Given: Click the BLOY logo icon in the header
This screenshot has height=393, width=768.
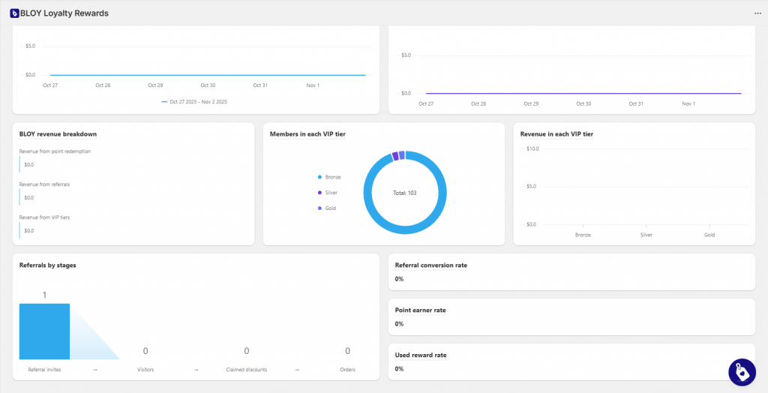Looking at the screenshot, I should [x=14, y=13].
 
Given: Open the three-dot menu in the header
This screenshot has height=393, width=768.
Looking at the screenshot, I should [x=757, y=13].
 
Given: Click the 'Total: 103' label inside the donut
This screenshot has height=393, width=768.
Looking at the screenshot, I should [x=404, y=193].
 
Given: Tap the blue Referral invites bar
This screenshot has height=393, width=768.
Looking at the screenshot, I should [x=44, y=331].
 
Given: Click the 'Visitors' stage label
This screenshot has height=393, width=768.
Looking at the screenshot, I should [x=145, y=369].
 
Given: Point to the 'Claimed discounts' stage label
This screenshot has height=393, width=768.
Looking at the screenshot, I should [x=247, y=369].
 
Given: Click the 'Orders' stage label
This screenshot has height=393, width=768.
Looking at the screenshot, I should [x=347, y=369].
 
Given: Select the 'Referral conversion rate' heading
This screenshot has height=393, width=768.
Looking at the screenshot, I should [x=430, y=265].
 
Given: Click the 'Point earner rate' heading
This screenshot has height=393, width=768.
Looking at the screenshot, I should [x=420, y=310].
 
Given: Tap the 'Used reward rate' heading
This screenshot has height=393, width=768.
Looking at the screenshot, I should [x=420, y=355].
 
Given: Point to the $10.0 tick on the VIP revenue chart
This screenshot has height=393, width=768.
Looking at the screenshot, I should [x=532, y=148].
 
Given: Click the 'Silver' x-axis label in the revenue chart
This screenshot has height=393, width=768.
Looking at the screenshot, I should [x=646, y=235].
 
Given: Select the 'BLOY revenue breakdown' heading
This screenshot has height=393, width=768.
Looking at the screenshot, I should [x=58, y=134].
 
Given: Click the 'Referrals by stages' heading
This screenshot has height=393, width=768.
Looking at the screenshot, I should [x=47, y=265].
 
